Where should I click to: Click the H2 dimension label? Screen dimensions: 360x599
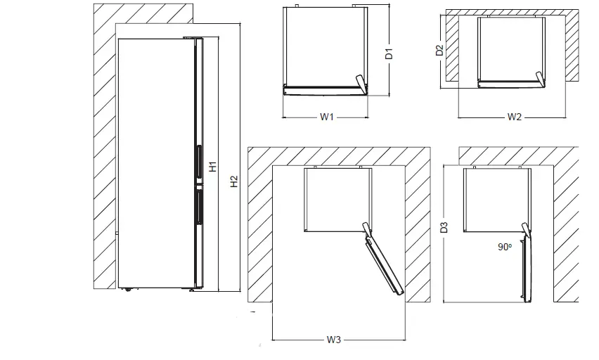click(235, 181)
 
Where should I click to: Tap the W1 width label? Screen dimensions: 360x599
click(326, 117)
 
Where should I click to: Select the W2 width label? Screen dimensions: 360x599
click(514, 117)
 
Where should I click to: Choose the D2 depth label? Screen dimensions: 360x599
click(439, 50)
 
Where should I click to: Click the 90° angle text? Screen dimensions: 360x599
click(505, 247)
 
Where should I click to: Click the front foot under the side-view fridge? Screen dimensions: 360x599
click(191, 289)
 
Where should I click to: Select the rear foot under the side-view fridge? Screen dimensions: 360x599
click(127, 289)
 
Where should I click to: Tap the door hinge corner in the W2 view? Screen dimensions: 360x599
click(540, 79)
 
